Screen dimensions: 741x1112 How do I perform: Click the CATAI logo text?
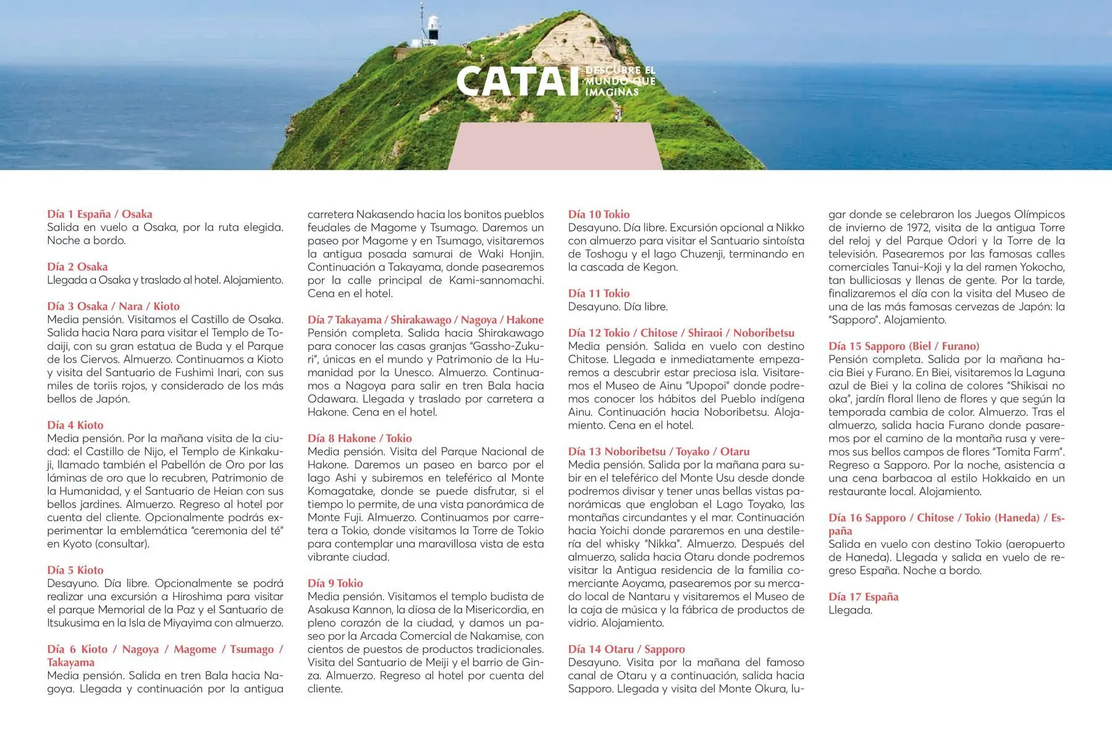(x=517, y=82)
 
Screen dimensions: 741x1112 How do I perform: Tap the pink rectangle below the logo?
(x=555, y=146)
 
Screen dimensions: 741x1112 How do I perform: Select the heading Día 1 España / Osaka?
(x=99, y=214)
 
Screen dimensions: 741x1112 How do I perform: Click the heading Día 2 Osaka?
(x=77, y=267)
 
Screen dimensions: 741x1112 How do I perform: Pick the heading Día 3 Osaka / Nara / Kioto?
(x=113, y=306)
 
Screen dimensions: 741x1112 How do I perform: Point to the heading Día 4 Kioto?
(x=75, y=425)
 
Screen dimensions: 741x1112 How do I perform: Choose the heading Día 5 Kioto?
(x=75, y=570)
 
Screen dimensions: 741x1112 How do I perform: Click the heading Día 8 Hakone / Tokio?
(x=360, y=438)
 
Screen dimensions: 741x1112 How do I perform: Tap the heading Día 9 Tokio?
(x=335, y=583)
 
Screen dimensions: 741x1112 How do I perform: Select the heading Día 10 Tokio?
(x=599, y=214)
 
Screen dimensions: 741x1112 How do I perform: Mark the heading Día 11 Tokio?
(x=599, y=293)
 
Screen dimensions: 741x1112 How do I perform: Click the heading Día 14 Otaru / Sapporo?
(x=626, y=649)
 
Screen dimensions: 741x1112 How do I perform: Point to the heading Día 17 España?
(x=863, y=597)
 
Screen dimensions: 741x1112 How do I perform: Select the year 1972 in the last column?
(x=913, y=227)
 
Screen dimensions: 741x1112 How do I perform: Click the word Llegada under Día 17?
(x=850, y=610)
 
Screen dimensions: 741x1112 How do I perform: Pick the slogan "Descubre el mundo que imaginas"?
(x=620, y=82)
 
